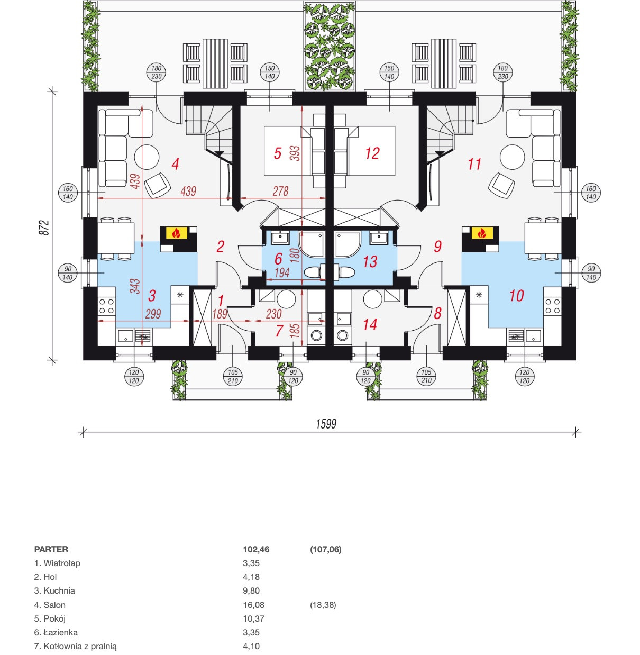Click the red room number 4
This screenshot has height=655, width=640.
click(x=175, y=164)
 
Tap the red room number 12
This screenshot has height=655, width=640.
click(x=372, y=153)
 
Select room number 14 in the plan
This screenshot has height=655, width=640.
click(x=370, y=325)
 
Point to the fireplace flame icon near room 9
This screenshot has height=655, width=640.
click(x=482, y=233)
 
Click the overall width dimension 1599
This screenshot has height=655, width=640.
click(x=326, y=424)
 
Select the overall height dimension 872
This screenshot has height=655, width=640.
click(x=45, y=228)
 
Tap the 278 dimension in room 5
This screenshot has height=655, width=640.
click(x=280, y=191)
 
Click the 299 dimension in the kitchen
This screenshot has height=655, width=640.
click(x=153, y=314)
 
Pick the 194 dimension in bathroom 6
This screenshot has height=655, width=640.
click(x=281, y=272)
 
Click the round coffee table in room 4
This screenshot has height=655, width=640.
click(x=147, y=157)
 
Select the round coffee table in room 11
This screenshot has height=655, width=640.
click(x=512, y=157)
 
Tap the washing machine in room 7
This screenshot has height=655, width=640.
click(x=316, y=335)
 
